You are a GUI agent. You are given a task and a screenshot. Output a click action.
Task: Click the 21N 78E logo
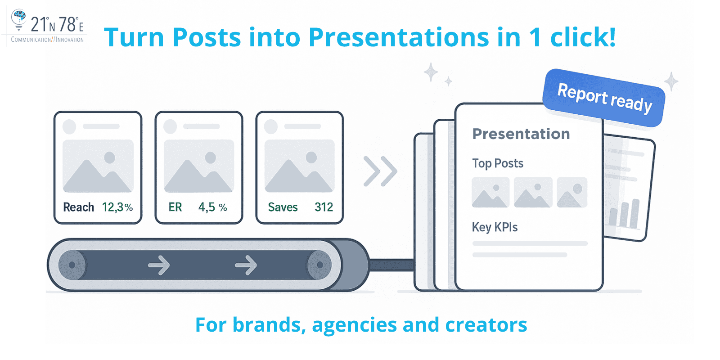47,27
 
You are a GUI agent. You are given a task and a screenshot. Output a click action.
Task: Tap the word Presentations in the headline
399,37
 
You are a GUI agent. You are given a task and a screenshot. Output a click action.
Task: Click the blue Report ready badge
604,98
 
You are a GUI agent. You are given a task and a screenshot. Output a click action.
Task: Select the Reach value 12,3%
117,207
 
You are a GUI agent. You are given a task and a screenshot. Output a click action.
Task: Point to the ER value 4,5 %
212,207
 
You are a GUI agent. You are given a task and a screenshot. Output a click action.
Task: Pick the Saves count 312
324,207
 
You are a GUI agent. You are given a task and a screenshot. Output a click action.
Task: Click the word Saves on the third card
283,207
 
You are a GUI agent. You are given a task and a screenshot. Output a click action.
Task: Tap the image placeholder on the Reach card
98,166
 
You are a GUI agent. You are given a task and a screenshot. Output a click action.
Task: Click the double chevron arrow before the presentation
380,171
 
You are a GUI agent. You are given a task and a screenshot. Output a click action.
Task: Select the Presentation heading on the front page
521,134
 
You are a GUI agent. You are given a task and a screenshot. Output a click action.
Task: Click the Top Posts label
497,163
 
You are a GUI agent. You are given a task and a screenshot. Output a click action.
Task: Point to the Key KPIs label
495,227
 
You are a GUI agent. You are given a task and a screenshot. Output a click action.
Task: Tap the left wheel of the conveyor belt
72,265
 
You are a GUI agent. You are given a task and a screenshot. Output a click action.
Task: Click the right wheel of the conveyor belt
319,265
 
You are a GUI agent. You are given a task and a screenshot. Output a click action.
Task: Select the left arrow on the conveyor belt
159,265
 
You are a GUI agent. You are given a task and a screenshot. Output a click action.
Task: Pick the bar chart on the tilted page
624,213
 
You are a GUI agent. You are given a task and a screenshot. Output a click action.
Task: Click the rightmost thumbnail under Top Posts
572,192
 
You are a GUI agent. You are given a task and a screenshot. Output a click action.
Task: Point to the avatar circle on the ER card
170,126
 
